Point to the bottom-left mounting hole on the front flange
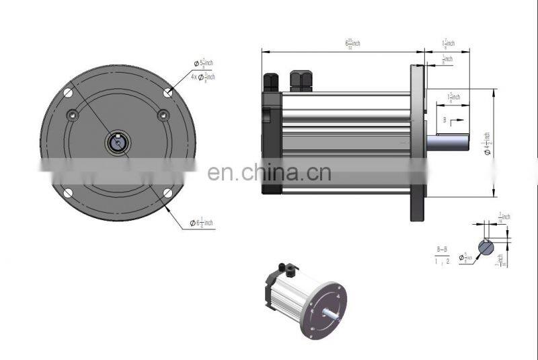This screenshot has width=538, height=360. click(68, 194)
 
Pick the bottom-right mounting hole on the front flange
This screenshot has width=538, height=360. click(167, 194)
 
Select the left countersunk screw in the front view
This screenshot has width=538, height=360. click(73, 115)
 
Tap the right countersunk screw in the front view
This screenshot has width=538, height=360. click(163, 115)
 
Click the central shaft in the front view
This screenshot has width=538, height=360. click(118, 143)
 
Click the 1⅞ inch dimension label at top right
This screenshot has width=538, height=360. click(448, 44)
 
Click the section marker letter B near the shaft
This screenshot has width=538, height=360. click(444, 119)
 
